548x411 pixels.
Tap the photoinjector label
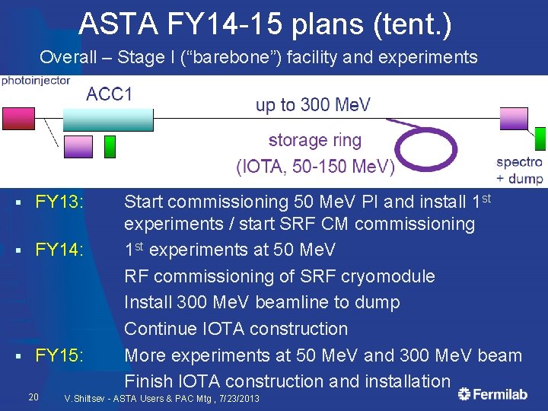pyautogui.click(x=36, y=80)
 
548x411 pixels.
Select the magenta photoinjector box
pyautogui.click(x=18, y=118)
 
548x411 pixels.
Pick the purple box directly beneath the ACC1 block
pyautogui.click(x=78, y=146)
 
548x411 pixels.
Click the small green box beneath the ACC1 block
pyautogui.click(x=110, y=146)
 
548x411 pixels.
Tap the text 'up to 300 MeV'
pyautogui.click(x=313, y=105)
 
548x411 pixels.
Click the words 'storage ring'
pyautogui.click(x=314, y=140)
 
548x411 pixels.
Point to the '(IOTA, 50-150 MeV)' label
pyautogui.click(x=315, y=166)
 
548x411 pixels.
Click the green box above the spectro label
pyautogui.click(x=540, y=139)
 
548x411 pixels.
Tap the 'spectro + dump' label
pyautogui.click(x=519, y=170)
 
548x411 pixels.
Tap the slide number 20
pyautogui.click(x=33, y=397)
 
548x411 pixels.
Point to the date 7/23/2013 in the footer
pyautogui.click(x=236, y=399)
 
